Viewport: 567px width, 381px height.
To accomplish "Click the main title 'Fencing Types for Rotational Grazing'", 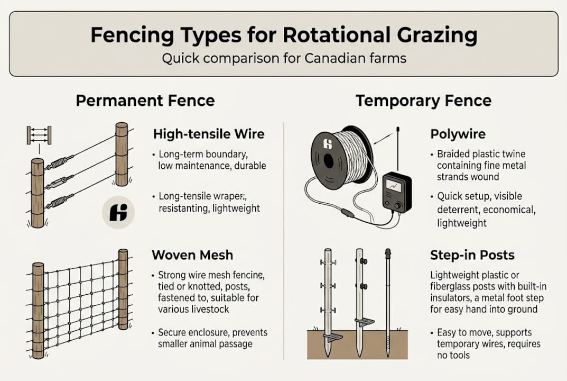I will [x=284, y=35].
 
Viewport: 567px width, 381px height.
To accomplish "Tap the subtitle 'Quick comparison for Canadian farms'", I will [x=284, y=58].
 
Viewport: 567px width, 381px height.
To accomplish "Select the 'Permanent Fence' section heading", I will [x=145, y=101].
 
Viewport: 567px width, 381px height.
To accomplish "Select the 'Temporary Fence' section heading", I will [x=423, y=101].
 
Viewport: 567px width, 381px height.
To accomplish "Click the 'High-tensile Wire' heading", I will [x=208, y=134].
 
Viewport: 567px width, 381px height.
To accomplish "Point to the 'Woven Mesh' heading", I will [x=192, y=255].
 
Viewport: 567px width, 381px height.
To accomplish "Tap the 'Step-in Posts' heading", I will [x=472, y=255].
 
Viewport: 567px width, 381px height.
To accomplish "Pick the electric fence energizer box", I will [x=396, y=193].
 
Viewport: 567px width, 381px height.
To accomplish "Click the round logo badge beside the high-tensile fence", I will [x=118, y=213].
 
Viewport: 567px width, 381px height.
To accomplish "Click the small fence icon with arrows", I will [x=39, y=135].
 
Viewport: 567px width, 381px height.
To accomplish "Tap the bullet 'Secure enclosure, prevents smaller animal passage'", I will [x=212, y=338].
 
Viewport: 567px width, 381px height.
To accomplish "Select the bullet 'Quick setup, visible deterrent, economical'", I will [x=486, y=203].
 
